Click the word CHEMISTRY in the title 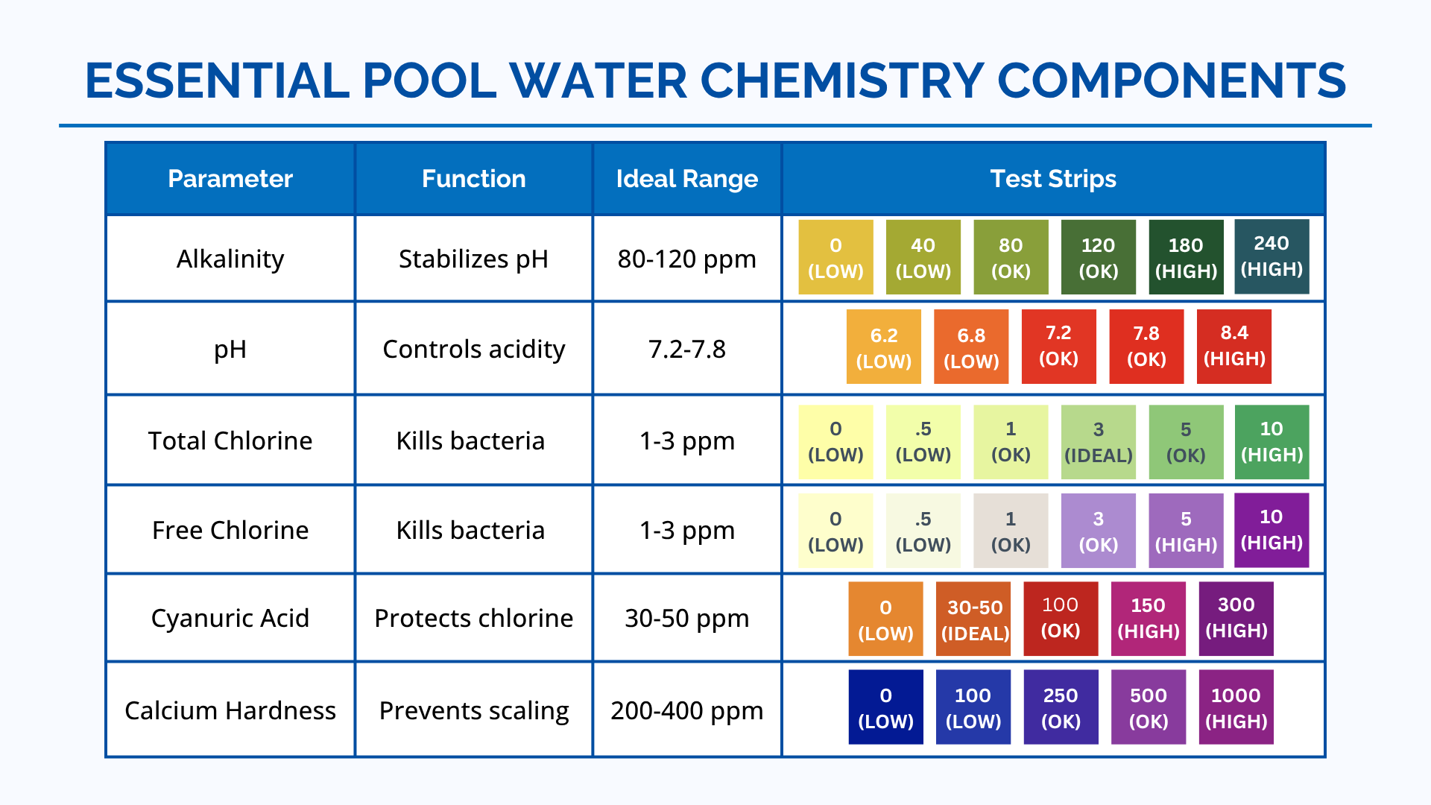(x=842, y=80)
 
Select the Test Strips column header (x=1052, y=179)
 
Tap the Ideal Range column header (x=686, y=179)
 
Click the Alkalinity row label (x=230, y=259)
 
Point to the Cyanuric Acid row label (x=230, y=618)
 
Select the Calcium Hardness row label (x=230, y=710)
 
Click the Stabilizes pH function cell (x=473, y=259)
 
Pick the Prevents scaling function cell (x=473, y=710)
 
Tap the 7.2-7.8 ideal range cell (x=686, y=349)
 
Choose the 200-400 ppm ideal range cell (x=686, y=710)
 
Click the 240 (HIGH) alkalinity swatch (x=1272, y=256)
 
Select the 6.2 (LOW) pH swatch (x=884, y=347)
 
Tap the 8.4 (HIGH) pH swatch (x=1234, y=346)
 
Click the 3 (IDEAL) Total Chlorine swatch (x=1099, y=441)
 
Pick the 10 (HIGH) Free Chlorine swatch (x=1272, y=529)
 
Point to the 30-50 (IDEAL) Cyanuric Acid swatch (x=973, y=619)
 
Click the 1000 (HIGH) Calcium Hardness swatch (x=1236, y=707)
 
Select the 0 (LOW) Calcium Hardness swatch (x=885, y=707)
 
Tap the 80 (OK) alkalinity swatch (x=1011, y=257)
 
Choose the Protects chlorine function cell (x=473, y=618)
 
